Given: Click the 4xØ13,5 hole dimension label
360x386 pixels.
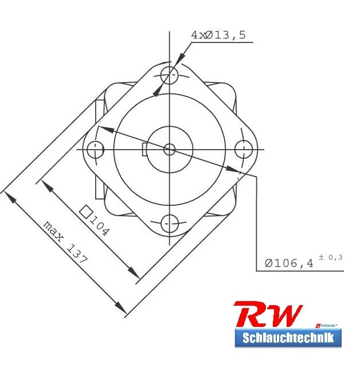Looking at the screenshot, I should [218, 35].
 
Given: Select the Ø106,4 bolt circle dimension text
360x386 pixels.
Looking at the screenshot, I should [289, 263].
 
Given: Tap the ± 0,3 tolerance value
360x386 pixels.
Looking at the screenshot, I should [331, 257].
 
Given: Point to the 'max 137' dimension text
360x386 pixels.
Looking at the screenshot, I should [65, 241].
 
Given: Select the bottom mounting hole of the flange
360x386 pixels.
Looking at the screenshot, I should [169, 223].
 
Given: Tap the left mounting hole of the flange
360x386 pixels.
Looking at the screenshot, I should [95, 150].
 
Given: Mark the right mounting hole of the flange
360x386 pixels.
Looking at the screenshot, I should [244, 149].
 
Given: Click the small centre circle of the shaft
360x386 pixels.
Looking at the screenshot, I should [169, 149].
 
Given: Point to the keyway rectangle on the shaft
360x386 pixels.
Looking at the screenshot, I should [145, 149].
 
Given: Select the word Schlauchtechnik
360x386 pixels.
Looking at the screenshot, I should [288, 338].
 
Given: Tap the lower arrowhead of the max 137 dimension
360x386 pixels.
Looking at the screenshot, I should [121, 309].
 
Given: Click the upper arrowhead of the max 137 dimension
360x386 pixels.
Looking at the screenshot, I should [9, 196].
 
